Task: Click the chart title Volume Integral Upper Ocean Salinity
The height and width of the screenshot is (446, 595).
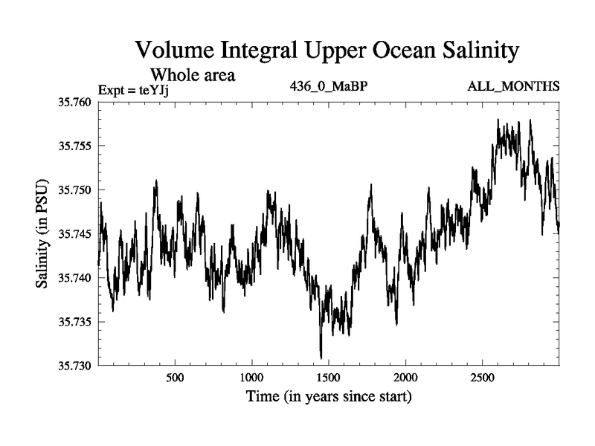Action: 327,51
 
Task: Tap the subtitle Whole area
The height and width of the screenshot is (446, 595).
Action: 193,74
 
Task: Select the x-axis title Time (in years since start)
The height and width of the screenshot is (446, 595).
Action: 329,396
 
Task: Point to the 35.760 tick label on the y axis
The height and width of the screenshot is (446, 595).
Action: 74,102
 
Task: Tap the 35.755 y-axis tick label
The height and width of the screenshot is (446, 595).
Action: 74,146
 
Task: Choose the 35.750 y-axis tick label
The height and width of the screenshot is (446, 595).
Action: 74,190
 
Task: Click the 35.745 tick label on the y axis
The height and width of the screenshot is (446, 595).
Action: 74,234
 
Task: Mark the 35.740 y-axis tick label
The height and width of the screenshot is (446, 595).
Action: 74,278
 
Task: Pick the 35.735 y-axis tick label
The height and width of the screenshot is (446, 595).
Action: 74,322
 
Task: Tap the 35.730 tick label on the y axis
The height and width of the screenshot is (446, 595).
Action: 74,366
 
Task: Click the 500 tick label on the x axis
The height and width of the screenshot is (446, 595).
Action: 175,377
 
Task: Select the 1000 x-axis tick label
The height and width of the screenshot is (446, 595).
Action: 252,377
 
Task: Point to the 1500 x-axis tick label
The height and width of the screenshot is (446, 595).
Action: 329,377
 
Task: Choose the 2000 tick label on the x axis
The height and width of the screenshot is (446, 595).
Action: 406,377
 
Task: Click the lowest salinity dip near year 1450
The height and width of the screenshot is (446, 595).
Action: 321,358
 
